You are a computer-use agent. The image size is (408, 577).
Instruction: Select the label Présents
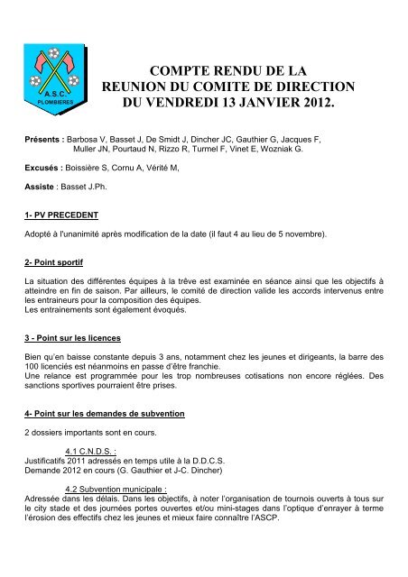point(44,142)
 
